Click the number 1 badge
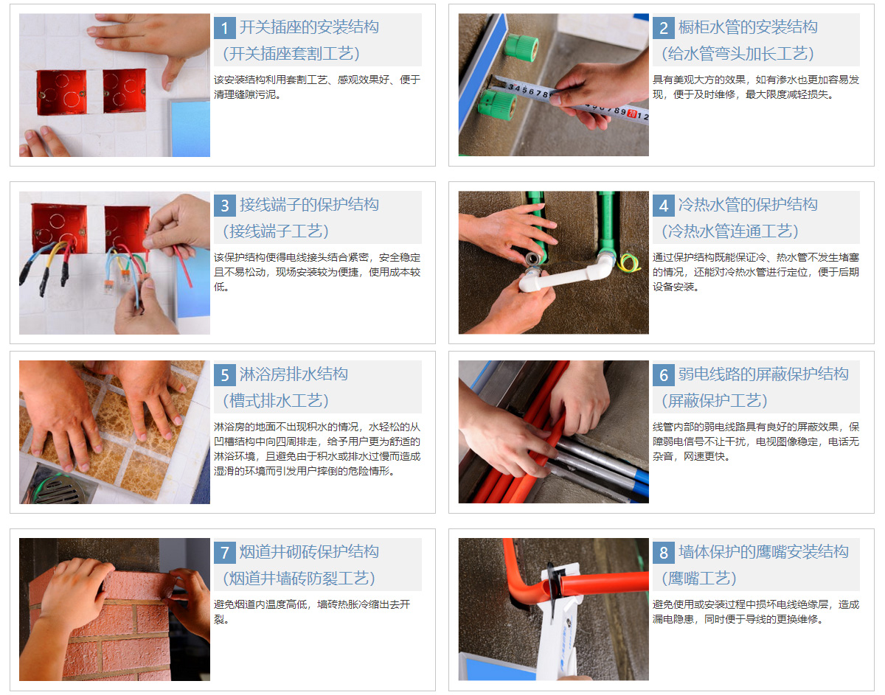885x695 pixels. [x=225, y=28]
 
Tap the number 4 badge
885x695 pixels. [x=664, y=206]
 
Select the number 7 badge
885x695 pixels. [x=225, y=553]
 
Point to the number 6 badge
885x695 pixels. [x=664, y=375]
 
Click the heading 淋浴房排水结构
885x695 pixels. [x=294, y=374]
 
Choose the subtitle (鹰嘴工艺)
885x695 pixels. [x=699, y=579]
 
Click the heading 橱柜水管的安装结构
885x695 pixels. [x=748, y=27]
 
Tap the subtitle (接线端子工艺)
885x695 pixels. [x=276, y=231]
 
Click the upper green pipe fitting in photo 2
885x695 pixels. [x=521, y=48]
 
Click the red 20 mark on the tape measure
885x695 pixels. [x=632, y=113]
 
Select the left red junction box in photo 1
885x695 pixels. [x=61, y=93]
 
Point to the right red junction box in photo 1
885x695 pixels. [x=125, y=91]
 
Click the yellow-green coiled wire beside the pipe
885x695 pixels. [x=628, y=263]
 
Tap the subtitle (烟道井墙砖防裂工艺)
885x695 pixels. [x=299, y=579]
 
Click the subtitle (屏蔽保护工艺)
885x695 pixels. [x=715, y=401]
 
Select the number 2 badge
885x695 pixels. [x=664, y=28]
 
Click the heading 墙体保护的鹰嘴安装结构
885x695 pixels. [x=763, y=552]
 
